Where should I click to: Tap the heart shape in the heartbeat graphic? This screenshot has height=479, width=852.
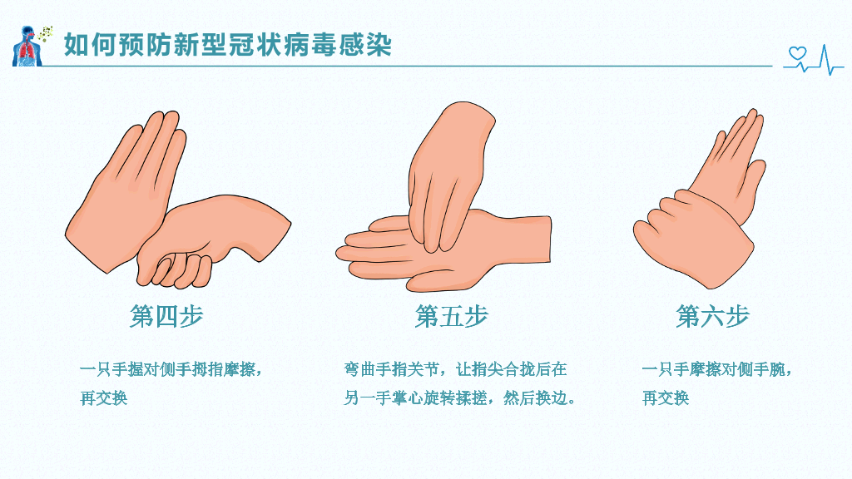[797, 53]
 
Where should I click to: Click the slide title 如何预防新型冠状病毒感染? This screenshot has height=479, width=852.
[228, 45]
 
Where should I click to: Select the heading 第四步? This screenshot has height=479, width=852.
[166, 316]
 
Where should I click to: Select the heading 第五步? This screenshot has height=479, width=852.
[452, 316]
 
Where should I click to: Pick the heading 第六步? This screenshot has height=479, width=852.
[713, 316]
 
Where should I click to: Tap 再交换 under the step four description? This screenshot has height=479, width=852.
[104, 398]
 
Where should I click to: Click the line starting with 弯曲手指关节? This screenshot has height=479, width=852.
[455, 370]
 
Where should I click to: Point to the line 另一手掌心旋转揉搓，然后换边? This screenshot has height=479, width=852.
[459, 398]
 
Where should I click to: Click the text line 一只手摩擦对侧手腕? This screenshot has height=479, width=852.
[717, 370]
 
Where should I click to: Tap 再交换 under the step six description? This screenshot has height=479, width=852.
[666, 398]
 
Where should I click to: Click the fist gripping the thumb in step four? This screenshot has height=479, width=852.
[212, 239]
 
